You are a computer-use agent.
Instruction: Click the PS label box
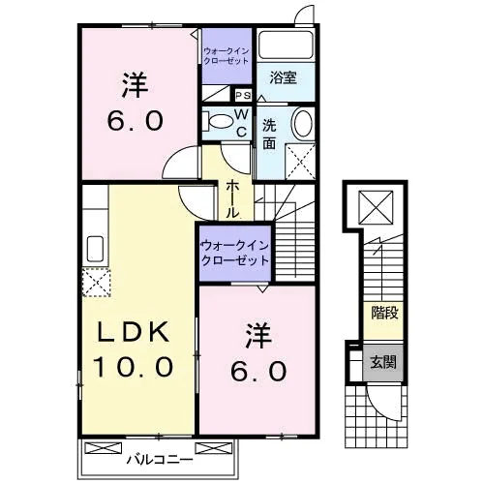coord(243,95)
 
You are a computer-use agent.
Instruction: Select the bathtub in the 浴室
coord(287,45)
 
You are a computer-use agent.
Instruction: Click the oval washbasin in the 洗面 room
coord(303,123)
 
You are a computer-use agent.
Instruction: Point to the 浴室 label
coord(284,77)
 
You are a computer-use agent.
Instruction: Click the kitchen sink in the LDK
coord(95,249)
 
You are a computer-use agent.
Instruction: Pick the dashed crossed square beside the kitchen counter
coord(96,282)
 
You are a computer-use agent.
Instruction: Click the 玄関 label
coord(383,362)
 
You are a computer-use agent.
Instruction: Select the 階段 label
coord(384,313)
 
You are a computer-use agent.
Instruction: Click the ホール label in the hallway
coord(232,199)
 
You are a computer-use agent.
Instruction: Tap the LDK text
coord(134,332)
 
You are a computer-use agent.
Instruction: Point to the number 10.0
coord(134,367)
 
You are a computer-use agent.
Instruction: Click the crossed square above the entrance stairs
coord(377,207)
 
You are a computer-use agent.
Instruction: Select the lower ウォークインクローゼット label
coord(235,253)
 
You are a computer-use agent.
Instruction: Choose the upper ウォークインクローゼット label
coord(227,56)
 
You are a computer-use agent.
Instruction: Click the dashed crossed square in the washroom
coord(300,162)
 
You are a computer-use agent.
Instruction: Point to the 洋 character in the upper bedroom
coord(136,85)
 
